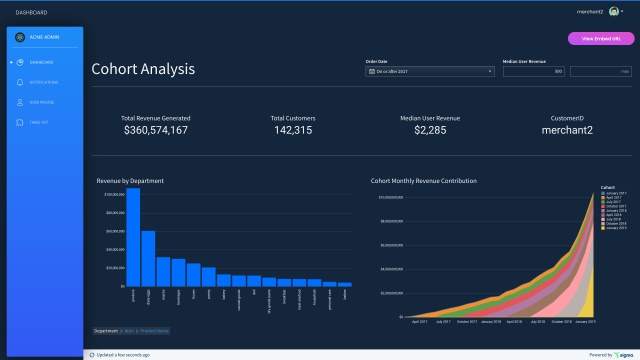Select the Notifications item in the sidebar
tap(43, 82)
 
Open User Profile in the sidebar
tap(43, 102)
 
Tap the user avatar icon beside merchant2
tap(613, 12)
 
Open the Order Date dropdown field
tap(430, 71)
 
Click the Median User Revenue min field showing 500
tap(533, 71)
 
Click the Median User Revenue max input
tap(601, 71)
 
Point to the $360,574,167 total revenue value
tap(155, 130)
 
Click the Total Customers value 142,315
tap(292, 130)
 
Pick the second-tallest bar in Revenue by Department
tap(148, 258)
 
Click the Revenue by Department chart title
tap(130, 181)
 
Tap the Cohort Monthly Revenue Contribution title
tap(423, 181)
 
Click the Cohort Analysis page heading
tap(143, 70)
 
